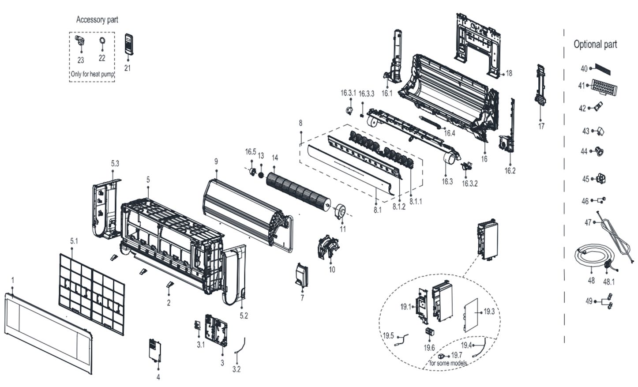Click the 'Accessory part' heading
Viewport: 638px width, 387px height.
pos(97,19)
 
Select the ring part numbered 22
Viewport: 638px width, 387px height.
pos(101,42)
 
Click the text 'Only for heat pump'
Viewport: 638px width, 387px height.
pos(92,74)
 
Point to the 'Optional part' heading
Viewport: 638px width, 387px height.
pos(595,44)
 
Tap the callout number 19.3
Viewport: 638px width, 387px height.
pos(489,312)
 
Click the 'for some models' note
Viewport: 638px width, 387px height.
pos(448,363)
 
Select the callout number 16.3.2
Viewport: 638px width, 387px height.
pos(469,184)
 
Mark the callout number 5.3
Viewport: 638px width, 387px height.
pos(115,163)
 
